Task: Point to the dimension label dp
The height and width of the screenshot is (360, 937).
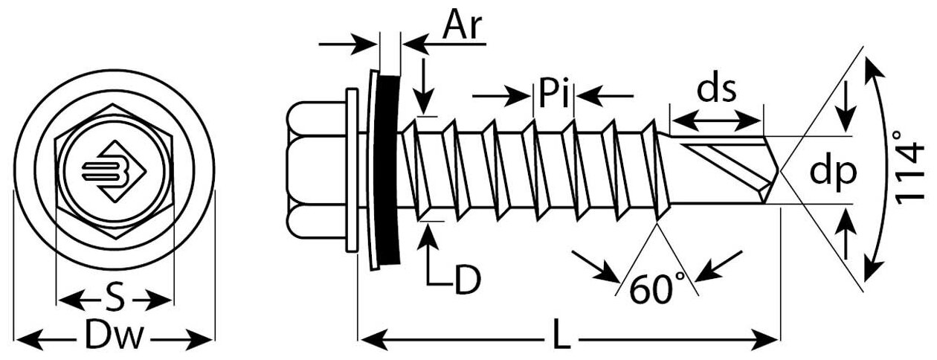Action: [x=833, y=173]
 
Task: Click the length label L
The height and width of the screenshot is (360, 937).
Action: [x=562, y=339]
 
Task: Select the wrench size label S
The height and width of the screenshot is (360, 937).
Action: [x=114, y=300]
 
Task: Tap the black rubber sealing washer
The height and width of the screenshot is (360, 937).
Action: [x=388, y=167]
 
